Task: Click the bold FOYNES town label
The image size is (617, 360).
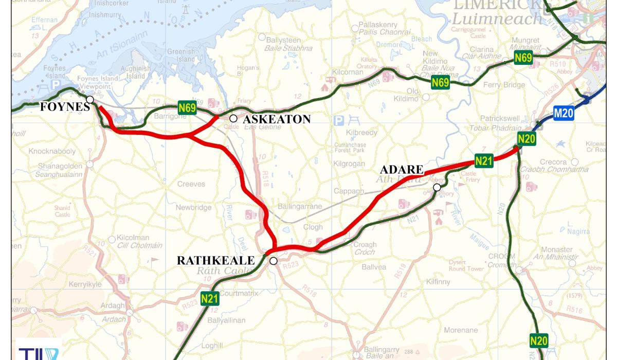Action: click(x=65, y=107)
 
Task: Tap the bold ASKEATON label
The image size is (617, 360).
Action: click(x=277, y=119)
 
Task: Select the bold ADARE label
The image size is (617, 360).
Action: click(x=402, y=170)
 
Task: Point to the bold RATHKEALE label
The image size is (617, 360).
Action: click(x=215, y=261)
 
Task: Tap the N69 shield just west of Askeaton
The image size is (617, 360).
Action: click(x=187, y=107)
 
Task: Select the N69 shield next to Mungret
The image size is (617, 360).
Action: click(x=523, y=58)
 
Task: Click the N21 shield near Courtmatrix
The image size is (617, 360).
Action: click(x=210, y=298)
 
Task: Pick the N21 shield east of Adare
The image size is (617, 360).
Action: click(x=484, y=160)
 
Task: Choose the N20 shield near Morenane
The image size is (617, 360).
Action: click(x=538, y=340)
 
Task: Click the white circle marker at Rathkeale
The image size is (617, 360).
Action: click(x=274, y=261)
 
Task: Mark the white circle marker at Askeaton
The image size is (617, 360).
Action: click(x=233, y=119)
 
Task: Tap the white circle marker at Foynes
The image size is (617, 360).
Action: click(x=90, y=99)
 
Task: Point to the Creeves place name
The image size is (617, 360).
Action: click(x=191, y=184)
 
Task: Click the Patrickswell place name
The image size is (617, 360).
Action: click(x=502, y=118)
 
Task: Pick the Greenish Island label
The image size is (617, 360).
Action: click(x=180, y=55)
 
